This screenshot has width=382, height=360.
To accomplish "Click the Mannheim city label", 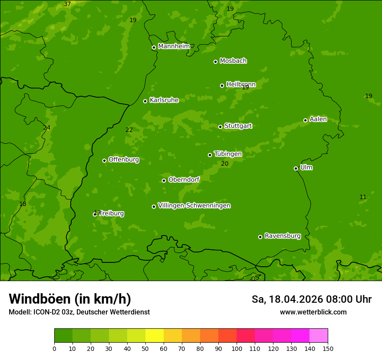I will click(x=174, y=46).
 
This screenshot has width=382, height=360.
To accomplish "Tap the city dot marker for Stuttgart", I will click(x=220, y=127).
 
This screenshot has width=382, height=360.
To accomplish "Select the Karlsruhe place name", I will click(x=164, y=100).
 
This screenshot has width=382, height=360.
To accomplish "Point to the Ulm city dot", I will click(x=296, y=168).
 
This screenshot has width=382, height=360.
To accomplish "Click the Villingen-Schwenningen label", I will click(x=194, y=206).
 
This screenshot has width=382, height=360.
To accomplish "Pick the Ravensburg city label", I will click(x=283, y=236).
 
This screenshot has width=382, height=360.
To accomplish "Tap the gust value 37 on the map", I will click(x=67, y=4).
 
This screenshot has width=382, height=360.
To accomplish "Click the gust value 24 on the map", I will click(x=46, y=128).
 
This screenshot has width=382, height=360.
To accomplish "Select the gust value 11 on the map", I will click(x=363, y=197).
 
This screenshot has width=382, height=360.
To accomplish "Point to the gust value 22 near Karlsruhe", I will click(x=129, y=130).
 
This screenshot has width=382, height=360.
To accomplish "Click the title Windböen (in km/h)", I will click(x=70, y=299).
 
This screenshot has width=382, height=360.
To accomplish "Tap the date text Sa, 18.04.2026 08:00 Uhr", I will click(x=311, y=299).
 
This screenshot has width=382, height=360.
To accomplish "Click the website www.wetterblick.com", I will click(x=313, y=312).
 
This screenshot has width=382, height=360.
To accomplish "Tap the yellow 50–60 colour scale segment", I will click(x=155, y=336).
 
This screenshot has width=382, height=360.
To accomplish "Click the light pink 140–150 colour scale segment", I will click(x=319, y=336).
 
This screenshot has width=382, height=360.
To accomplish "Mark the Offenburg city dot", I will click(x=104, y=160).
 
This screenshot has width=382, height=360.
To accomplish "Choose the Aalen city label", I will click(x=318, y=119).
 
